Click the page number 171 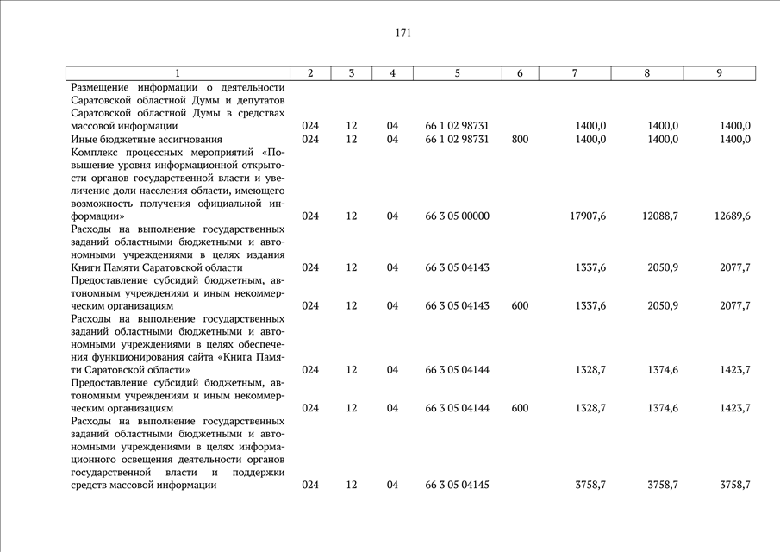pyautogui.click(x=403, y=34)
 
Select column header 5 pyautogui.click(x=457, y=74)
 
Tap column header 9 pyautogui.click(x=719, y=74)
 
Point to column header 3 pyautogui.click(x=352, y=74)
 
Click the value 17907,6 pyautogui.click(x=588, y=216)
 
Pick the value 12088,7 pyautogui.click(x=660, y=216)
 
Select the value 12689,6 pyautogui.click(x=733, y=216)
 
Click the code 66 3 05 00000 pyautogui.click(x=457, y=216)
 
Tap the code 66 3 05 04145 pyautogui.click(x=457, y=486)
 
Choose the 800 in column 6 pyautogui.click(x=520, y=139)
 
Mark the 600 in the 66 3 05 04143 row pyautogui.click(x=520, y=306)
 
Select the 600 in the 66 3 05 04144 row pyautogui.click(x=520, y=408)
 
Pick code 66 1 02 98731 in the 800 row pyautogui.click(x=457, y=139)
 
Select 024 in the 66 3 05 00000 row pyautogui.click(x=310, y=216)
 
